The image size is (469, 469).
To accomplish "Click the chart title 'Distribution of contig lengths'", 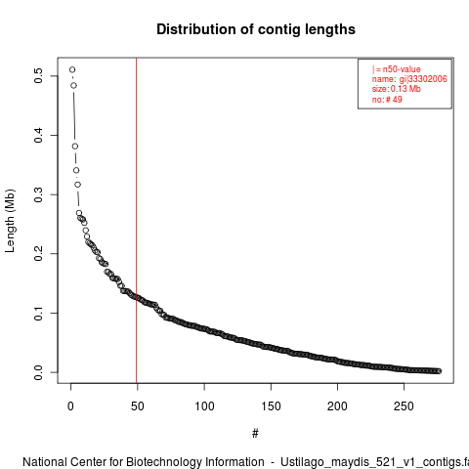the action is coord(256,29).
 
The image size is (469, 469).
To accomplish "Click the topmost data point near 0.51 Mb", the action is coord(72,69).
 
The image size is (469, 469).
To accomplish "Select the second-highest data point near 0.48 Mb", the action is coord(73,85).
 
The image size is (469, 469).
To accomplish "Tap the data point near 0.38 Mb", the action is coord(75,147).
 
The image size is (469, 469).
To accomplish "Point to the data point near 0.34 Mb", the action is coord(76,170).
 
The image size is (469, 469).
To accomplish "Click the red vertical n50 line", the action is coord(136,221).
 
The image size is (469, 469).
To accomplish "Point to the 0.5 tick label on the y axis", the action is coord(38,76).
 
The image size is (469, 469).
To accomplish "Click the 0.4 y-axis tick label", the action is coord(38,135).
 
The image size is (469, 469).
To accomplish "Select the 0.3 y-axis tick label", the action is coord(38,194).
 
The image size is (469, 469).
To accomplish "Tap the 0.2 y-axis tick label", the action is coord(38,254).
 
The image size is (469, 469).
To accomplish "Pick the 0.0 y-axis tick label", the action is coord(38,372).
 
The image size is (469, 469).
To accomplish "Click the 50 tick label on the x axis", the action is coord(138,406).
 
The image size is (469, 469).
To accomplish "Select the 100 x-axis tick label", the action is coord(204,406).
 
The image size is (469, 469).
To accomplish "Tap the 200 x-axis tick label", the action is coord(337,406).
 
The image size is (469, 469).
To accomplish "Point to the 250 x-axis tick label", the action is coord(404,406).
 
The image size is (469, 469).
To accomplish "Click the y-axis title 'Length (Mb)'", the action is coord(10,221).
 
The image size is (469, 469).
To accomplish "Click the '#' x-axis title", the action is coord(255,434).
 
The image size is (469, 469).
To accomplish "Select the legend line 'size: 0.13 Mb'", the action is coord(397,89).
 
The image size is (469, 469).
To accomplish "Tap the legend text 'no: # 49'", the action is coord(387,100).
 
